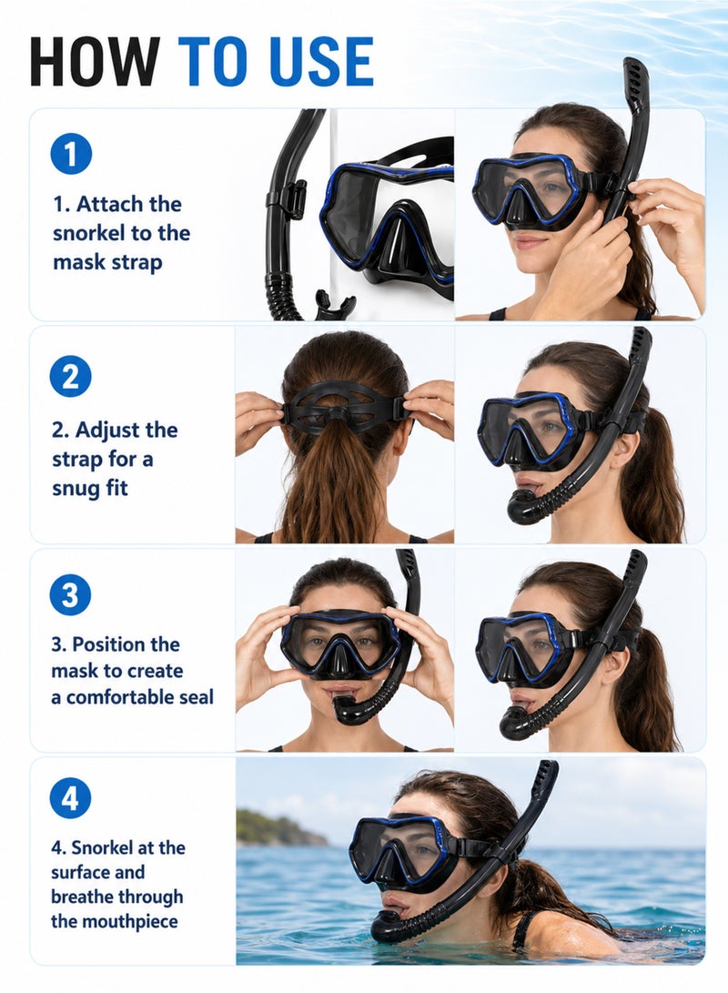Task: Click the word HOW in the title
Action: (x=95, y=61)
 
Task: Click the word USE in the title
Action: (x=321, y=61)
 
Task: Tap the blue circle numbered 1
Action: (x=71, y=153)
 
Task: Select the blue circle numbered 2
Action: (x=70, y=376)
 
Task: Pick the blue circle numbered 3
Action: (x=70, y=594)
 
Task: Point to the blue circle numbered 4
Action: (x=70, y=798)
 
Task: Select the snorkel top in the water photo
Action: (x=546, y=782)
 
